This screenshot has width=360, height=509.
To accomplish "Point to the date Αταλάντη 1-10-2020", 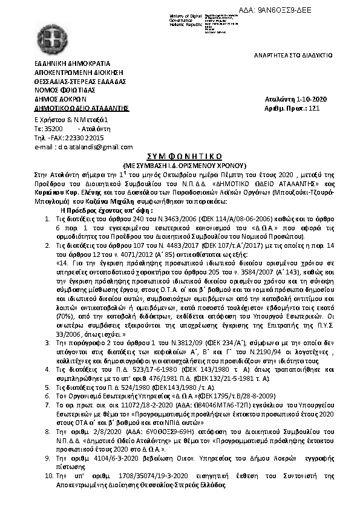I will tap(296, 99).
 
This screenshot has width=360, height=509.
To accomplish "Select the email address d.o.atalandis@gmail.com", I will tap(85, 147).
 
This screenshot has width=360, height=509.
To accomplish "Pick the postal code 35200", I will tap(54, 129).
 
